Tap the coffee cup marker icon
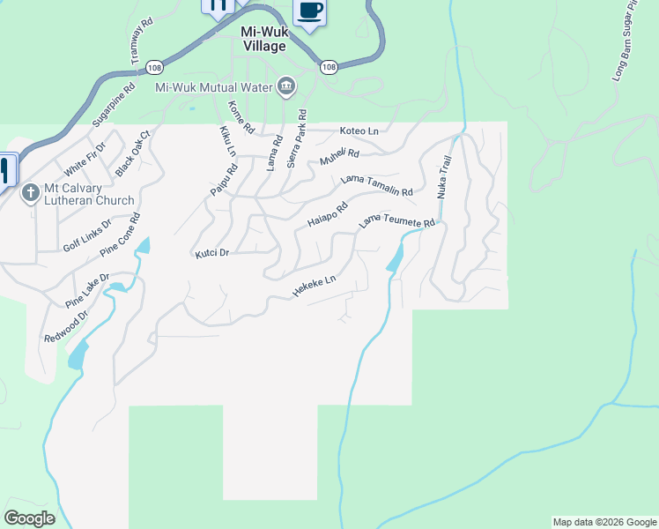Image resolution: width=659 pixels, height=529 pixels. tap(308, 11)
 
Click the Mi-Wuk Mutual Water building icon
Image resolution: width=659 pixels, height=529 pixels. tap(285, 86)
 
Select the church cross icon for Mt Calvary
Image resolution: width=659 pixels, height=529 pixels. tap(30, 193)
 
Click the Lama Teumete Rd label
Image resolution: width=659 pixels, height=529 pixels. tap(397, 225)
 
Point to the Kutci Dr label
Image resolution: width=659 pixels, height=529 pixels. tap(211, 253)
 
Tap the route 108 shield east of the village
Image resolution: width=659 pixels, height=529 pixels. tap(328, 67)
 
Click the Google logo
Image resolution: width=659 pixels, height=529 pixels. tap(29, 518)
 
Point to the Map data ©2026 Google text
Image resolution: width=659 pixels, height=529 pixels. tap(603, 522)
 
